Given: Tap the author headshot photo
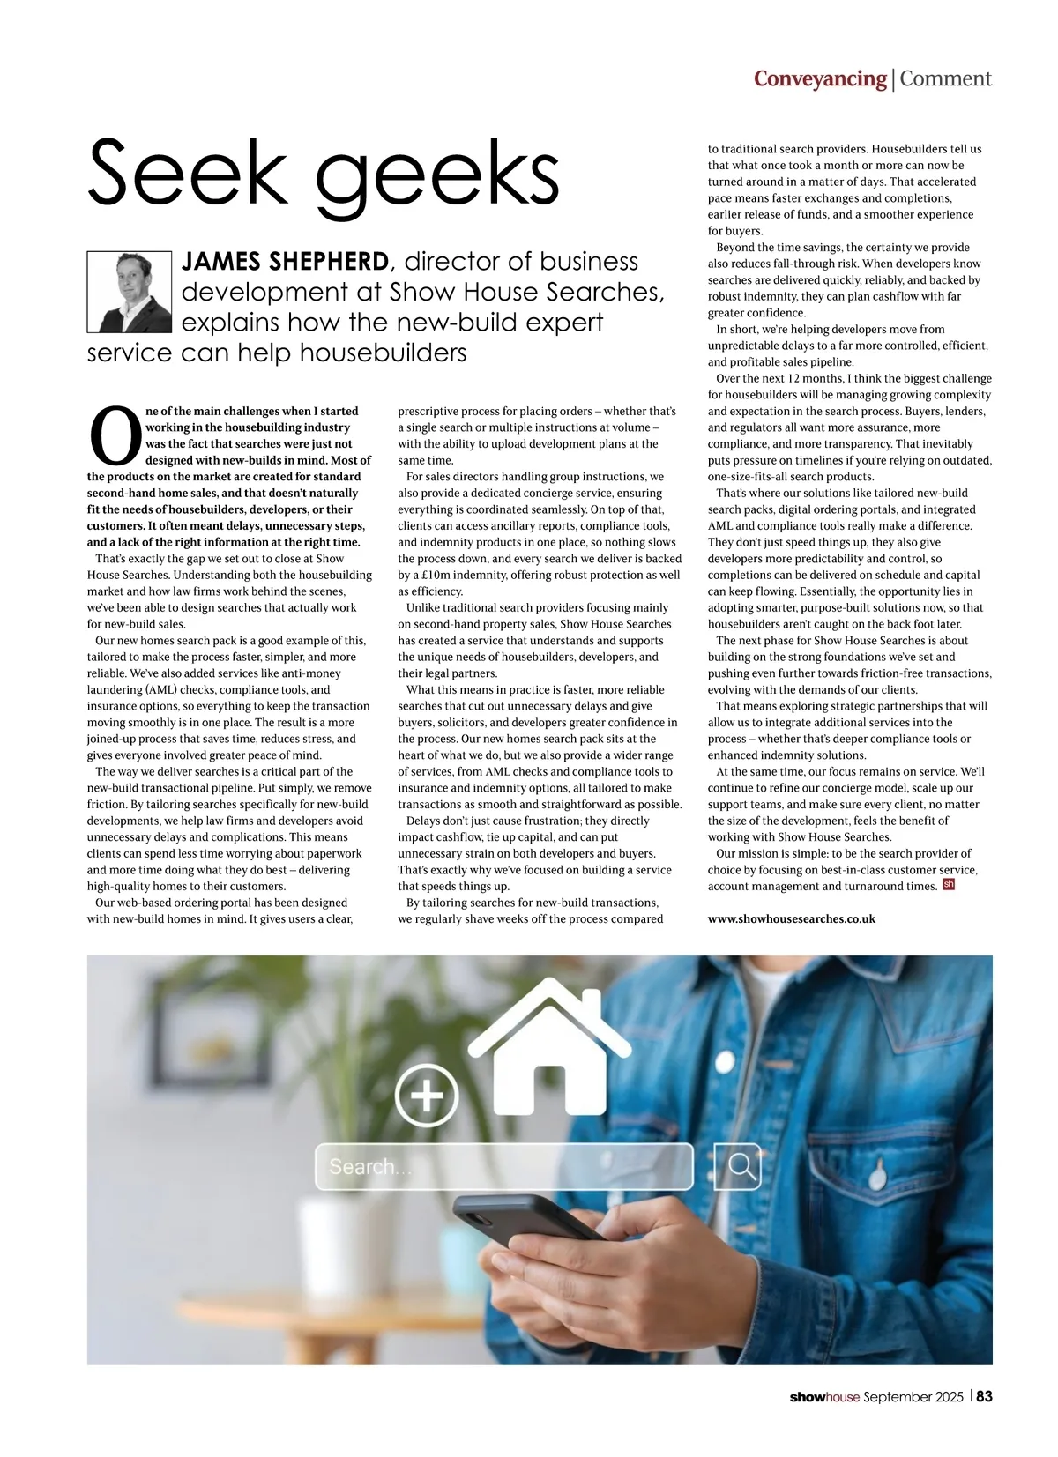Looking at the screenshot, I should (x=130, y=292).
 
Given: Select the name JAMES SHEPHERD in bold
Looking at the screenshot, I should (x=285, y=262).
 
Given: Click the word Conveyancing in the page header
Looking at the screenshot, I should (x=820, y=79).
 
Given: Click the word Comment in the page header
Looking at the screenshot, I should (x=945, y=79).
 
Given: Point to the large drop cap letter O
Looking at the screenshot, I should (x=115, y=435).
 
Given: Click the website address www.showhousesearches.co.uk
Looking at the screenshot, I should (x=791, y=918).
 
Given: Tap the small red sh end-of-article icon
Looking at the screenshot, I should (x=949, y=885).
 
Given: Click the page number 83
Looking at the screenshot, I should (x=984, y=1396).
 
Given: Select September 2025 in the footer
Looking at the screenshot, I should (x=913, y=1397).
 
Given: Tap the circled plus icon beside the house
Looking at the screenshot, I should (x=427, y=1096).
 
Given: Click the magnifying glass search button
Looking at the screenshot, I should (x=741, y=1166).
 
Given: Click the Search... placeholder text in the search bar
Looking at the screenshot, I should (x=369, y=1167).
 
